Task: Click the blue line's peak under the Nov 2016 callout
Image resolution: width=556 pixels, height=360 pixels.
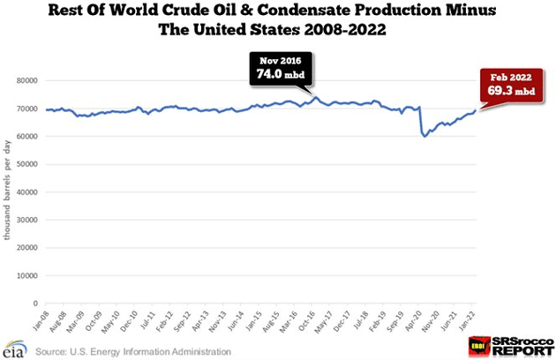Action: point(317,98)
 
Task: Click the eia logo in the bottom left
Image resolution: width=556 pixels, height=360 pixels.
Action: point(16,346)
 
